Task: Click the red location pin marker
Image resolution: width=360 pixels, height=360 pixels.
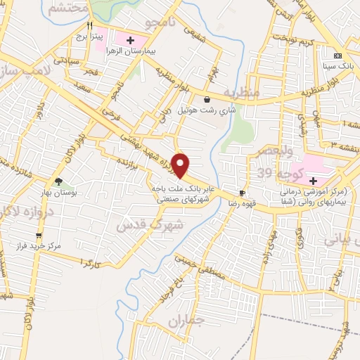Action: [181, 165]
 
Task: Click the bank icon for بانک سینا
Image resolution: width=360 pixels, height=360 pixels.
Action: [337, 56]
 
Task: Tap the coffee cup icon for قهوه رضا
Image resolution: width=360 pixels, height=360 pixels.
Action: [243, 192]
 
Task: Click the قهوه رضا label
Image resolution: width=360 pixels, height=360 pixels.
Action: [243, 202]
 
